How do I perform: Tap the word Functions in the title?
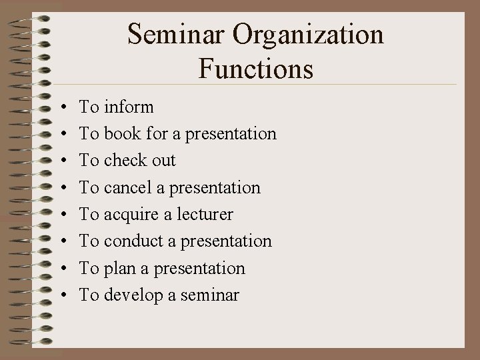[256, 68]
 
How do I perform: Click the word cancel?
[129, 187]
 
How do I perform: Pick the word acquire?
[131, 215]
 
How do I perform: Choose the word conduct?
[132, 241]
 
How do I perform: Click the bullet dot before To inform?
[61, 107]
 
